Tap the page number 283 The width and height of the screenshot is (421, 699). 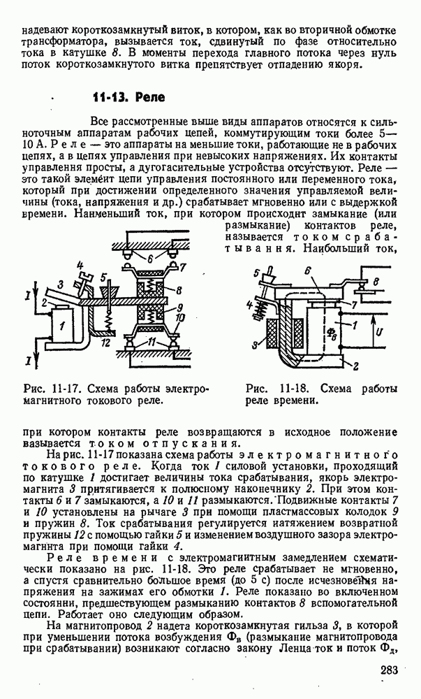390,670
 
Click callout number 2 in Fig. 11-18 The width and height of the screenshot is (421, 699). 357,365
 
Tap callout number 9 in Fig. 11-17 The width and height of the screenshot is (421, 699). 181,307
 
